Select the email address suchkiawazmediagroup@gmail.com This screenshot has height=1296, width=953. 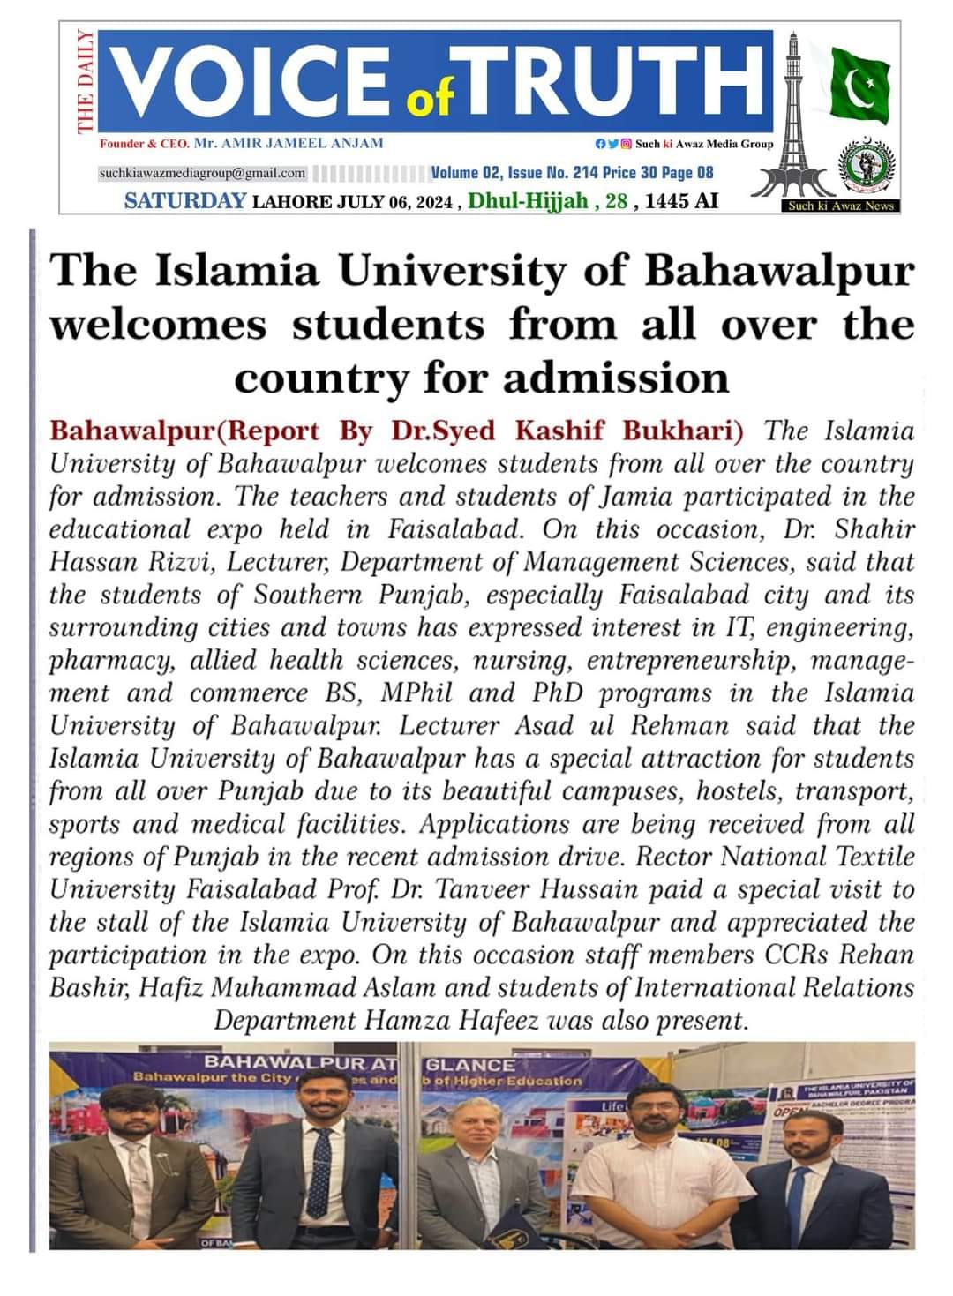[202, 174]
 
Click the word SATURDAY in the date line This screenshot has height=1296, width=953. [184, 201]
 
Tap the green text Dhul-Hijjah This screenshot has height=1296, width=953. [528, 201]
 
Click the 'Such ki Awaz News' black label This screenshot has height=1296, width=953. [841, 206]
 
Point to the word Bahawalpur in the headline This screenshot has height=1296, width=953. [780, 271]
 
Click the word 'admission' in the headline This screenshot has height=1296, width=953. [616, 378]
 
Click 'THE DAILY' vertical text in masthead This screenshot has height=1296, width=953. [85, 81]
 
